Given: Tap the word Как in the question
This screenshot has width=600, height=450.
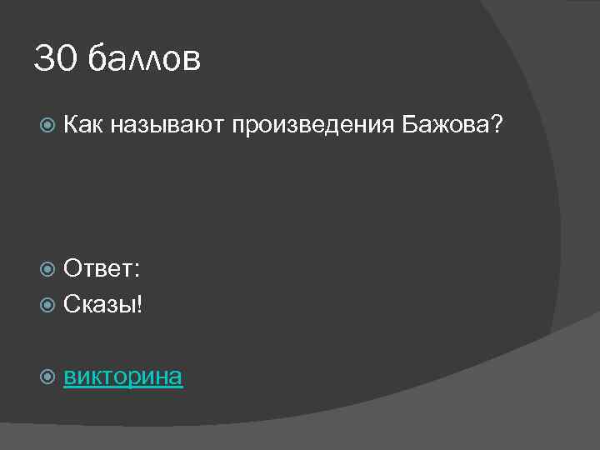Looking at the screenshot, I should click(83, 126).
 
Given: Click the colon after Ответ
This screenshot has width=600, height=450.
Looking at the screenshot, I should click(137, 271).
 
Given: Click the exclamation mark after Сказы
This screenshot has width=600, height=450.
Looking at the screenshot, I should click(139, 304).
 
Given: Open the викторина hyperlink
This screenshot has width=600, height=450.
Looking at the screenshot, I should click(123, 377).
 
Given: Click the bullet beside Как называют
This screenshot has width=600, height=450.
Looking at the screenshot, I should click(47, 127).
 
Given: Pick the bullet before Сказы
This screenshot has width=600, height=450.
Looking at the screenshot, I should click(47, 304).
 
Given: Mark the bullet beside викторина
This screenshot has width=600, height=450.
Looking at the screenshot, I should click(47, 377).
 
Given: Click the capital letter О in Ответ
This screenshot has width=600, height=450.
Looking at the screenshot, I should click(74, 269).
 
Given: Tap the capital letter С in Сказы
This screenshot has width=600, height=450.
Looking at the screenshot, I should click(72, 304).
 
